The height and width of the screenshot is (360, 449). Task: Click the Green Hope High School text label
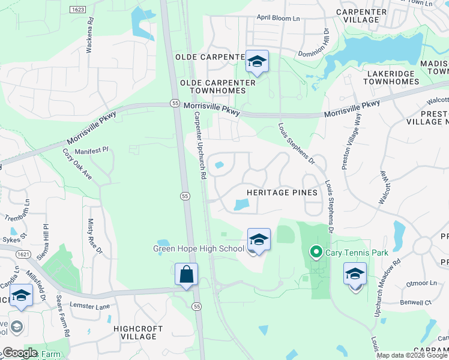pyautogui.click(x=199, y=248)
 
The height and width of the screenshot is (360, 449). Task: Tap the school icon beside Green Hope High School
pyautogui.click(x=259, y=240)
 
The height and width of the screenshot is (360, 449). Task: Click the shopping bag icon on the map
pyautogui.click(x=186, y=275)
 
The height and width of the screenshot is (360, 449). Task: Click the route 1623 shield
pyautogui.click(x=77, y=10)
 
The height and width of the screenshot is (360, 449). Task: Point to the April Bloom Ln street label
pyautogui.click(x=279, y=18)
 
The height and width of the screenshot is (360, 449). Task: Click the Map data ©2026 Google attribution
pyautogui.click(x=412, y=355)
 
